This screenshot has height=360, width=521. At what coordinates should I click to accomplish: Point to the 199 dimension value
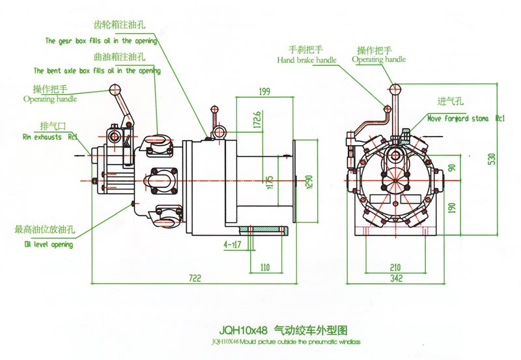click(x=264, y=92)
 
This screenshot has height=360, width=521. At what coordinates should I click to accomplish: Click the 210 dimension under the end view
click(x=395, y=267)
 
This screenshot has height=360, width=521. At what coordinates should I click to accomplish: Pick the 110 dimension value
click(x=265, y=267)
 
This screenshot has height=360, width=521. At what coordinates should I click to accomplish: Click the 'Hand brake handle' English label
click(x=307, y=60)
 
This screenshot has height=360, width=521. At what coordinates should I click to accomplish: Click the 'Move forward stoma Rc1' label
click(x=466, y=119)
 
